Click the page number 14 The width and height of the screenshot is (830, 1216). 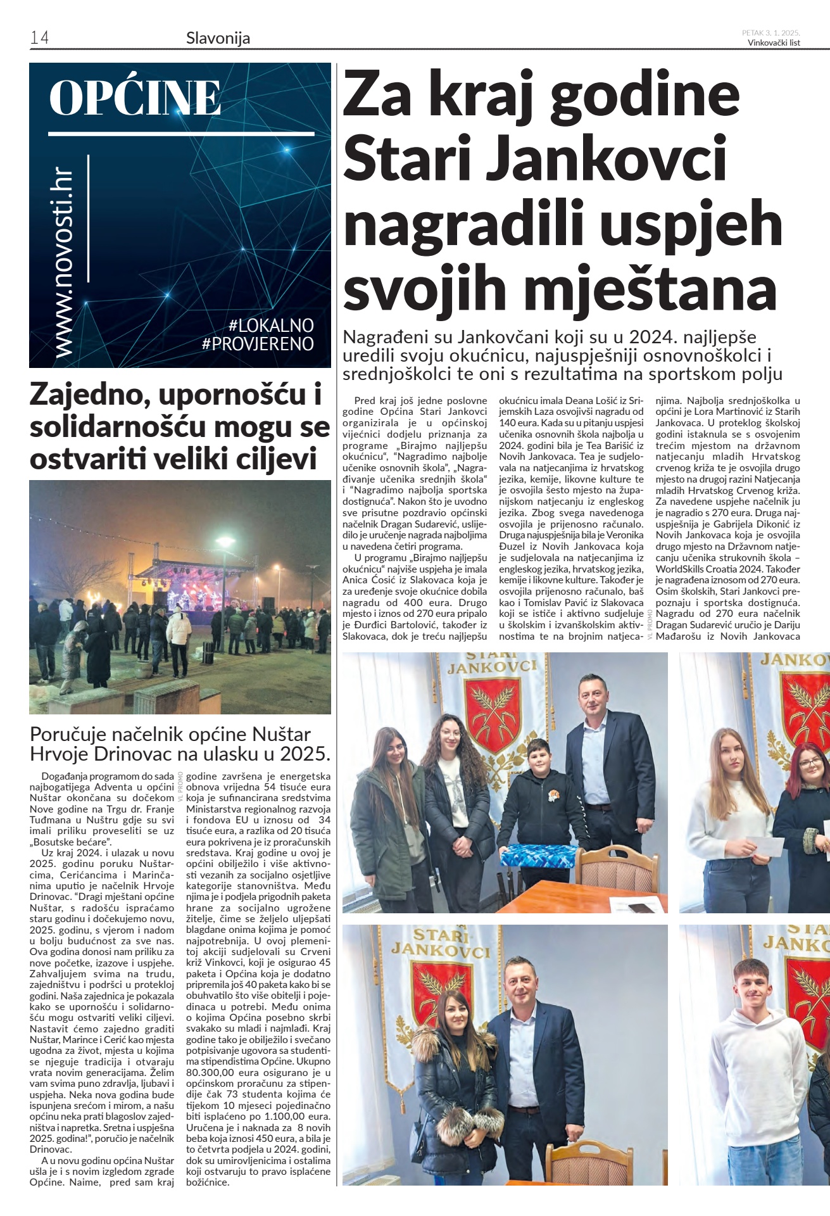coord(39,38)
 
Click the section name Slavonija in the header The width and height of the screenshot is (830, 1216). coord(218,39)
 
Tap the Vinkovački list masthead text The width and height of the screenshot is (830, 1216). coord(774,43)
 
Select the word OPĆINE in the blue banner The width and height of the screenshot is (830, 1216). coord(135,98)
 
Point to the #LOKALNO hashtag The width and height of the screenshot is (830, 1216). coord(271,326)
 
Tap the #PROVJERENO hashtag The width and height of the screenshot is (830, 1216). coord(258,344)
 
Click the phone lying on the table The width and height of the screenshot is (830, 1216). coord(641,908)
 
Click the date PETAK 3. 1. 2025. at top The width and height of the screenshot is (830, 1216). coord(771,33)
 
